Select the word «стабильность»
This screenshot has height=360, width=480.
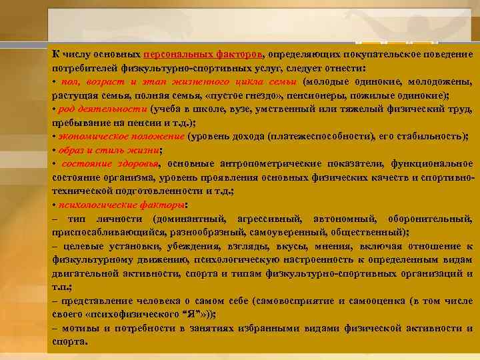coord(431,137)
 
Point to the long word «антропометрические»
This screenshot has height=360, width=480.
coord(274,164)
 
